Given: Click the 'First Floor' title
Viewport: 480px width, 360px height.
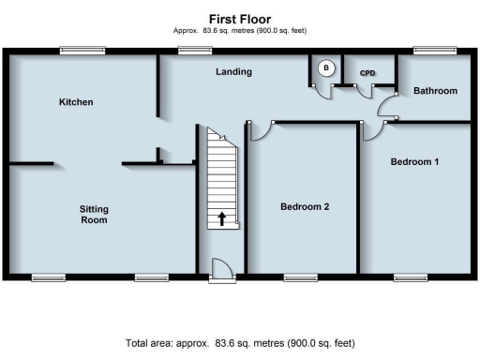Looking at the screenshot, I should tap(241, 18).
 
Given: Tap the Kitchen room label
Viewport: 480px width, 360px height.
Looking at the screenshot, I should tap(76, 101).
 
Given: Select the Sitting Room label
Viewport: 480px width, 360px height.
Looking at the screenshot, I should tap(93, 215).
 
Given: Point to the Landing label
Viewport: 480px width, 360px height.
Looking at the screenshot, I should tap(233, 71).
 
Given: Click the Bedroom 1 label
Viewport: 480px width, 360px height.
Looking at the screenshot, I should tap(414, 162).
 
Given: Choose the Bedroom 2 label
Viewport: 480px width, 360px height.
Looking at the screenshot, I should tap(305, 206).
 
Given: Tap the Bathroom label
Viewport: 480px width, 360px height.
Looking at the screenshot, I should tap(435, 91).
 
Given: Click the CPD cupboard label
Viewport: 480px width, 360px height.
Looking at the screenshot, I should tap(367, 71).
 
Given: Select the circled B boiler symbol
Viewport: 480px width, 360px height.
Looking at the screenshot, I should tap(326, 67).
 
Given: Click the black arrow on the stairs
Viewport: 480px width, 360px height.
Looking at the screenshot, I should tap(222, 219).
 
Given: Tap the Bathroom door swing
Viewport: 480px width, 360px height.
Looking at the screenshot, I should tap(387, 107).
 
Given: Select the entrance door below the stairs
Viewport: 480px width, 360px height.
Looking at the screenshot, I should tap(222, 269).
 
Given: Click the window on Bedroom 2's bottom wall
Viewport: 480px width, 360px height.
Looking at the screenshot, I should tap(301, 277).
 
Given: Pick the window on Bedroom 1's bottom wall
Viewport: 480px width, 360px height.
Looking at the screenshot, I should tap(410, 277).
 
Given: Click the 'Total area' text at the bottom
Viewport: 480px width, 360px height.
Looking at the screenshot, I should tap(241, 343).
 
